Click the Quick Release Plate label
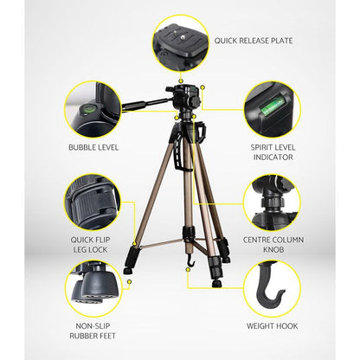254,40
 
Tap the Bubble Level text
93,147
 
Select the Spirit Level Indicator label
271,151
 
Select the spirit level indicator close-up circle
271,110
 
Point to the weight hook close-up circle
271,290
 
